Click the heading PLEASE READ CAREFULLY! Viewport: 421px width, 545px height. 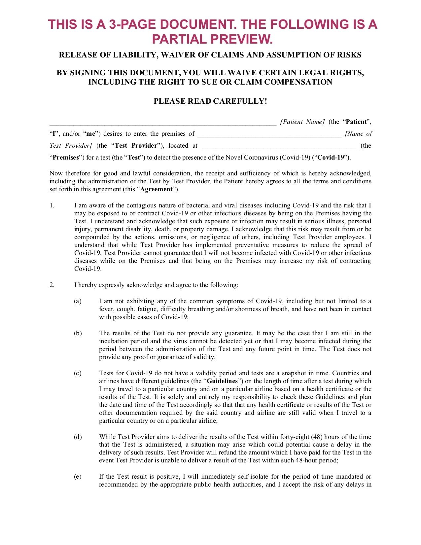pyautogui.click(x=210, y=101)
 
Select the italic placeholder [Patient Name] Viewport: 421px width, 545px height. pyautogui.click(x=302, y=122)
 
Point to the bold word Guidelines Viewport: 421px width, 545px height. pyautogui.click(x=222, y=381)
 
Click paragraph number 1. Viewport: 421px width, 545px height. pyautogui.click(x=52, y=205)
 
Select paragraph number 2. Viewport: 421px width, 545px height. pyautogui.click(x=52, y=285)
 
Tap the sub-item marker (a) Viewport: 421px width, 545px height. pyautogui.click(x=78, y=301)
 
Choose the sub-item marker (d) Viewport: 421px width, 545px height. pyautogui.click(x=78, y=437)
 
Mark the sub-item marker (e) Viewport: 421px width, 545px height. pyautogui.click(x=78, y=477)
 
